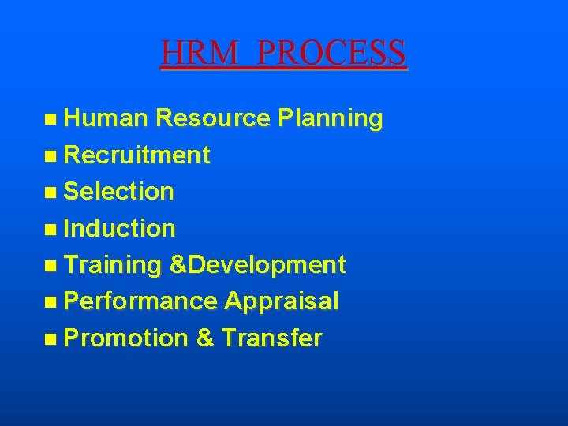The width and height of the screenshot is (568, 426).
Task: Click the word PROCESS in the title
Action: (x=331, y=53)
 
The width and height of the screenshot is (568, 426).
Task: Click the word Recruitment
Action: (x=136, y=155)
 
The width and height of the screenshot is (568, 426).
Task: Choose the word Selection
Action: (x=118, y=192)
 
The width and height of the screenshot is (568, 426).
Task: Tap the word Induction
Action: (x=119, y=229)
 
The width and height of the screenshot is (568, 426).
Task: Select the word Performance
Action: (x=140, y=301)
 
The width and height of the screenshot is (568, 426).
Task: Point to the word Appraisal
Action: (x=282, y=301)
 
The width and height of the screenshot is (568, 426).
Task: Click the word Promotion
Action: (x=125, y=338)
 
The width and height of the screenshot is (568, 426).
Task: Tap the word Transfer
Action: (x=271, y=338)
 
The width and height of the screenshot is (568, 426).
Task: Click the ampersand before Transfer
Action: (x=204, y=338)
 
